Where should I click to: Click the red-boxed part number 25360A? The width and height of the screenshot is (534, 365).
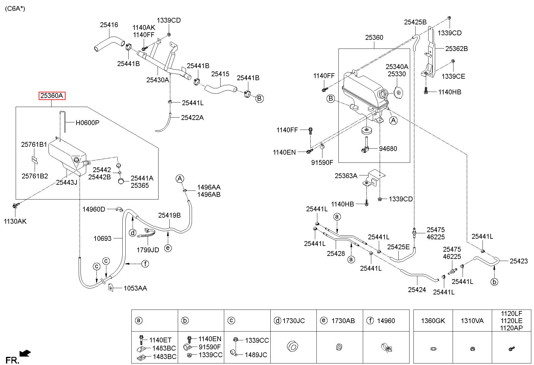point(52,96)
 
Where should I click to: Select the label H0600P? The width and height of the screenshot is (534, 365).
point(87,123)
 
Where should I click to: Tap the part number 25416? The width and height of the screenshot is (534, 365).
point(109,25)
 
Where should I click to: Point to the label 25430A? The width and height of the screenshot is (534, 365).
point(158,80)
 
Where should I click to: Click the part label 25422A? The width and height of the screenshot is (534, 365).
point(193,118)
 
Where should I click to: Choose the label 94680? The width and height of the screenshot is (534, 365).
point(388,149)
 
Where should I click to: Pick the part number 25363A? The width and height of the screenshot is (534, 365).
point(346,175)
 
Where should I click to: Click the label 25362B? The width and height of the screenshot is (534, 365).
point(457,49)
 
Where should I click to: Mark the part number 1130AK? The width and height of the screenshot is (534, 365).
point(15,221)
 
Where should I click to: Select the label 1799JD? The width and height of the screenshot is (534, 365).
point(148,250)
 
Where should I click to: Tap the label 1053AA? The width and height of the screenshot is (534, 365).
point(135,288)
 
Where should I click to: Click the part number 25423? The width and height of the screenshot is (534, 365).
point(519,261)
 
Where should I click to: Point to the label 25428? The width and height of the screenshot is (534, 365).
point(336,253)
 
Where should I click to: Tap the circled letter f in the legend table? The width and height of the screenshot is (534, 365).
point(370,321)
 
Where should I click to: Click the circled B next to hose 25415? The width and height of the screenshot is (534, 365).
point(259,98)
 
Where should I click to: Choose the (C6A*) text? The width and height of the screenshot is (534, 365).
point(15,9)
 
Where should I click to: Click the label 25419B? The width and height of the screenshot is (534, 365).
point(169,215)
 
